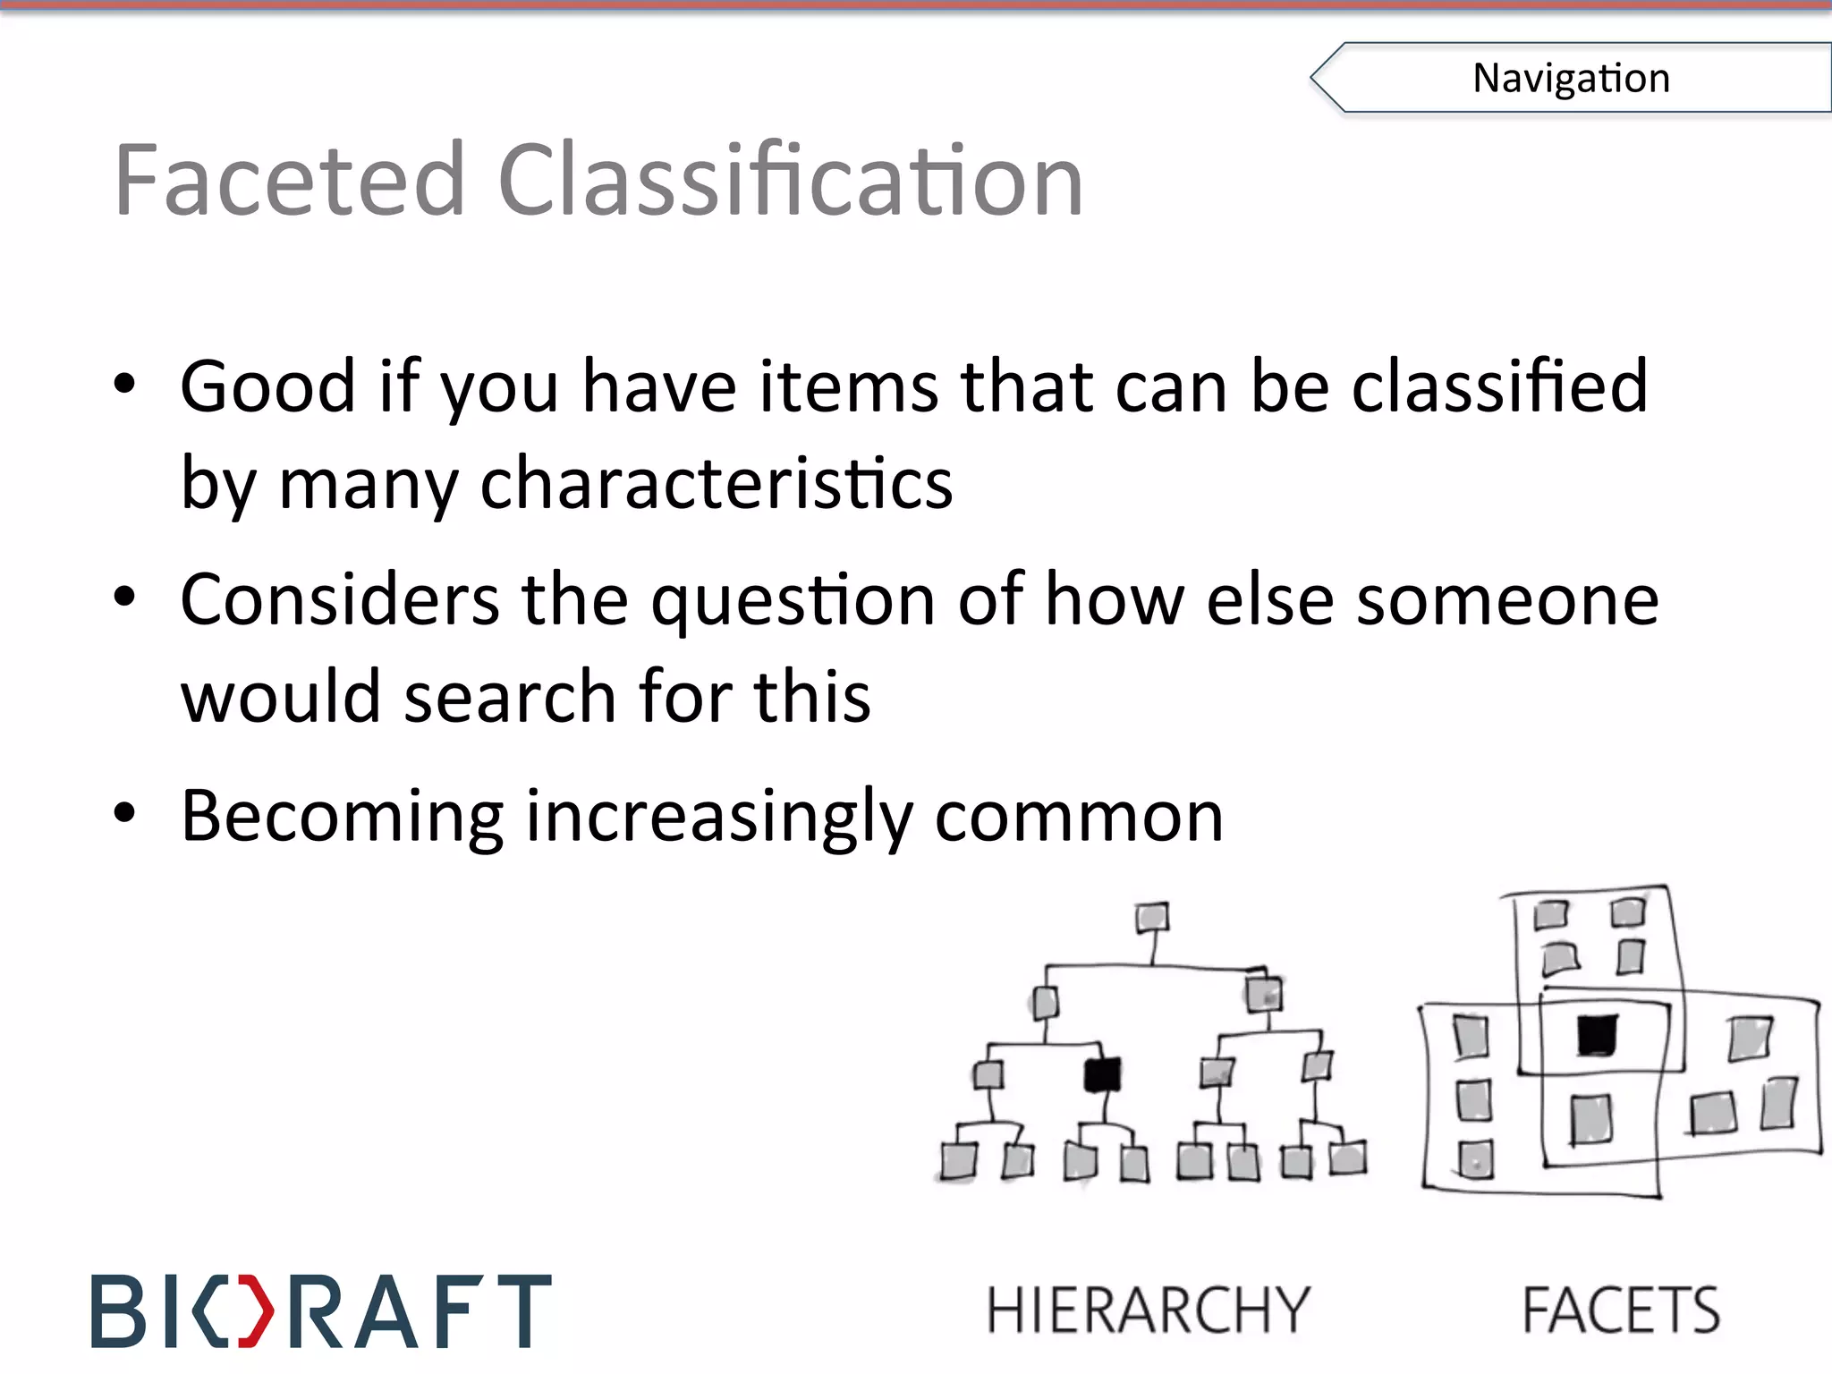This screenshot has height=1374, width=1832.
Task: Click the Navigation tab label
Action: (x=1571, y=78)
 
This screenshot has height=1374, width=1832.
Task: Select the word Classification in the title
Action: (x=790, y=181)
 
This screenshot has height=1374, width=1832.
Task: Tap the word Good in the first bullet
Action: (x=268, y=386)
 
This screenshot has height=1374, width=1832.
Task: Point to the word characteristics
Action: (x=716, y=483)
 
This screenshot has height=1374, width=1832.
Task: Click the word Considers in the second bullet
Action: (x=340, y=600)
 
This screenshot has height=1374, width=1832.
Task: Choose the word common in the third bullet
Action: (x=1079, y=818)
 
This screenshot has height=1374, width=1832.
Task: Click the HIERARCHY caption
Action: (x=1149, y=1310)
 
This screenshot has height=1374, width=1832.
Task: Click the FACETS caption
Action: (x=1621, y=1310)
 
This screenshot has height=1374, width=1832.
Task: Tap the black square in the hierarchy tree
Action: (x=1102, y=1074)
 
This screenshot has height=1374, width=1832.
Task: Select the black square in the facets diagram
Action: (x=1597, y=1035)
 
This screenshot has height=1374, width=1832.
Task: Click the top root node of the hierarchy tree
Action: (x=1152, y=918)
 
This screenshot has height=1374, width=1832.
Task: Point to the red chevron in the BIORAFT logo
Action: (x=257, y=1311)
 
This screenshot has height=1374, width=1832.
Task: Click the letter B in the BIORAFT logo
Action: (x=118, y=1311)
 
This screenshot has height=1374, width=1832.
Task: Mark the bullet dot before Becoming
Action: (x=125, y=813)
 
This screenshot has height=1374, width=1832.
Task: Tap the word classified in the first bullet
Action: (x=1499, y=386)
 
